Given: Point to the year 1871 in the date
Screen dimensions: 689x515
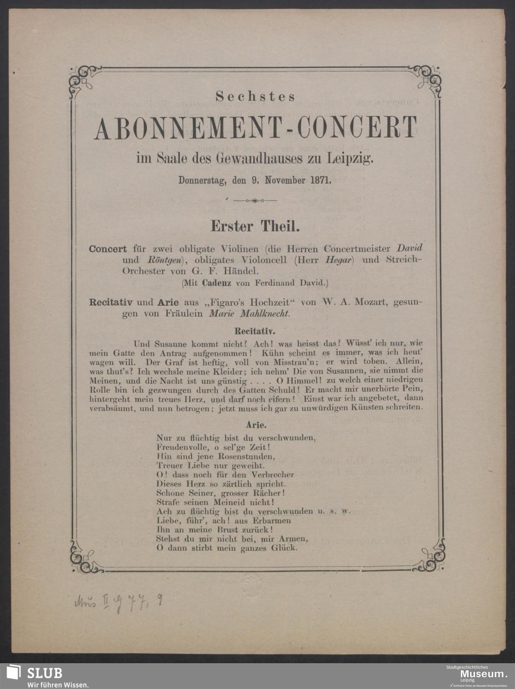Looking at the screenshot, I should (320, 181).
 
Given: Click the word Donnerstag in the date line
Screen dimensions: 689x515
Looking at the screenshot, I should (203, 181).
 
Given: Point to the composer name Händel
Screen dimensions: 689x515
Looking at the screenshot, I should (243, 270).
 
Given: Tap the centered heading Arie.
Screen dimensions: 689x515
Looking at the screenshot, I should (256, 425).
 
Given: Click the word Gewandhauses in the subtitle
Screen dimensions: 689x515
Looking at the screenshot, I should (249, 159).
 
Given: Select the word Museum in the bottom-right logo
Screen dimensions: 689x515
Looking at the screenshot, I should (482, 674).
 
